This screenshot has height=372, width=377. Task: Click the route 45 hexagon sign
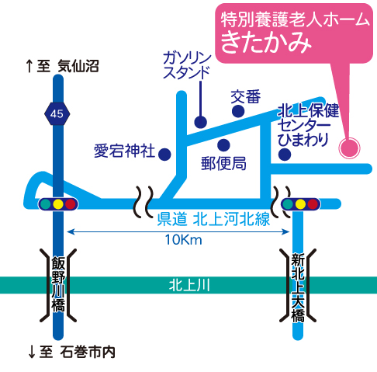pos(57,113)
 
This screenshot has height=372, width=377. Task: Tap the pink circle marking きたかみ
pos(349,148)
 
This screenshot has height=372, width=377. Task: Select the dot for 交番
pos(238,111)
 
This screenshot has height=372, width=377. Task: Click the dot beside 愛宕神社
pos(164,155)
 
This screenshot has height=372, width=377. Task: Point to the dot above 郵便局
pos(223,145)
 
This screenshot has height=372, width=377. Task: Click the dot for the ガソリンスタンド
pos(201,122)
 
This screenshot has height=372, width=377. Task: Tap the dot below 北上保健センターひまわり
pos(285,155)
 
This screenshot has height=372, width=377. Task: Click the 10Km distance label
pos(183,240)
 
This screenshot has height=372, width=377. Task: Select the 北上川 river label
pos(189,285)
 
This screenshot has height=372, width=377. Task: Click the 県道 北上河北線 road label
pos(213,219)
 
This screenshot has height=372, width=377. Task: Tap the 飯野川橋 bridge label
pos(58,284)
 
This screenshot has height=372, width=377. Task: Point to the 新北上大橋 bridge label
pos(298,287)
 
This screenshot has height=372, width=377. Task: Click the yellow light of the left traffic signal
pos(58,204)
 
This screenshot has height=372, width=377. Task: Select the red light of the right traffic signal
pos(313,204)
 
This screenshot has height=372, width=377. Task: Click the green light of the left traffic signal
pos(46,204)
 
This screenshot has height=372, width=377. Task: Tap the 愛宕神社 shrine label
pos(124,151)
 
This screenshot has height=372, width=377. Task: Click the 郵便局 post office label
pos(223,164)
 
